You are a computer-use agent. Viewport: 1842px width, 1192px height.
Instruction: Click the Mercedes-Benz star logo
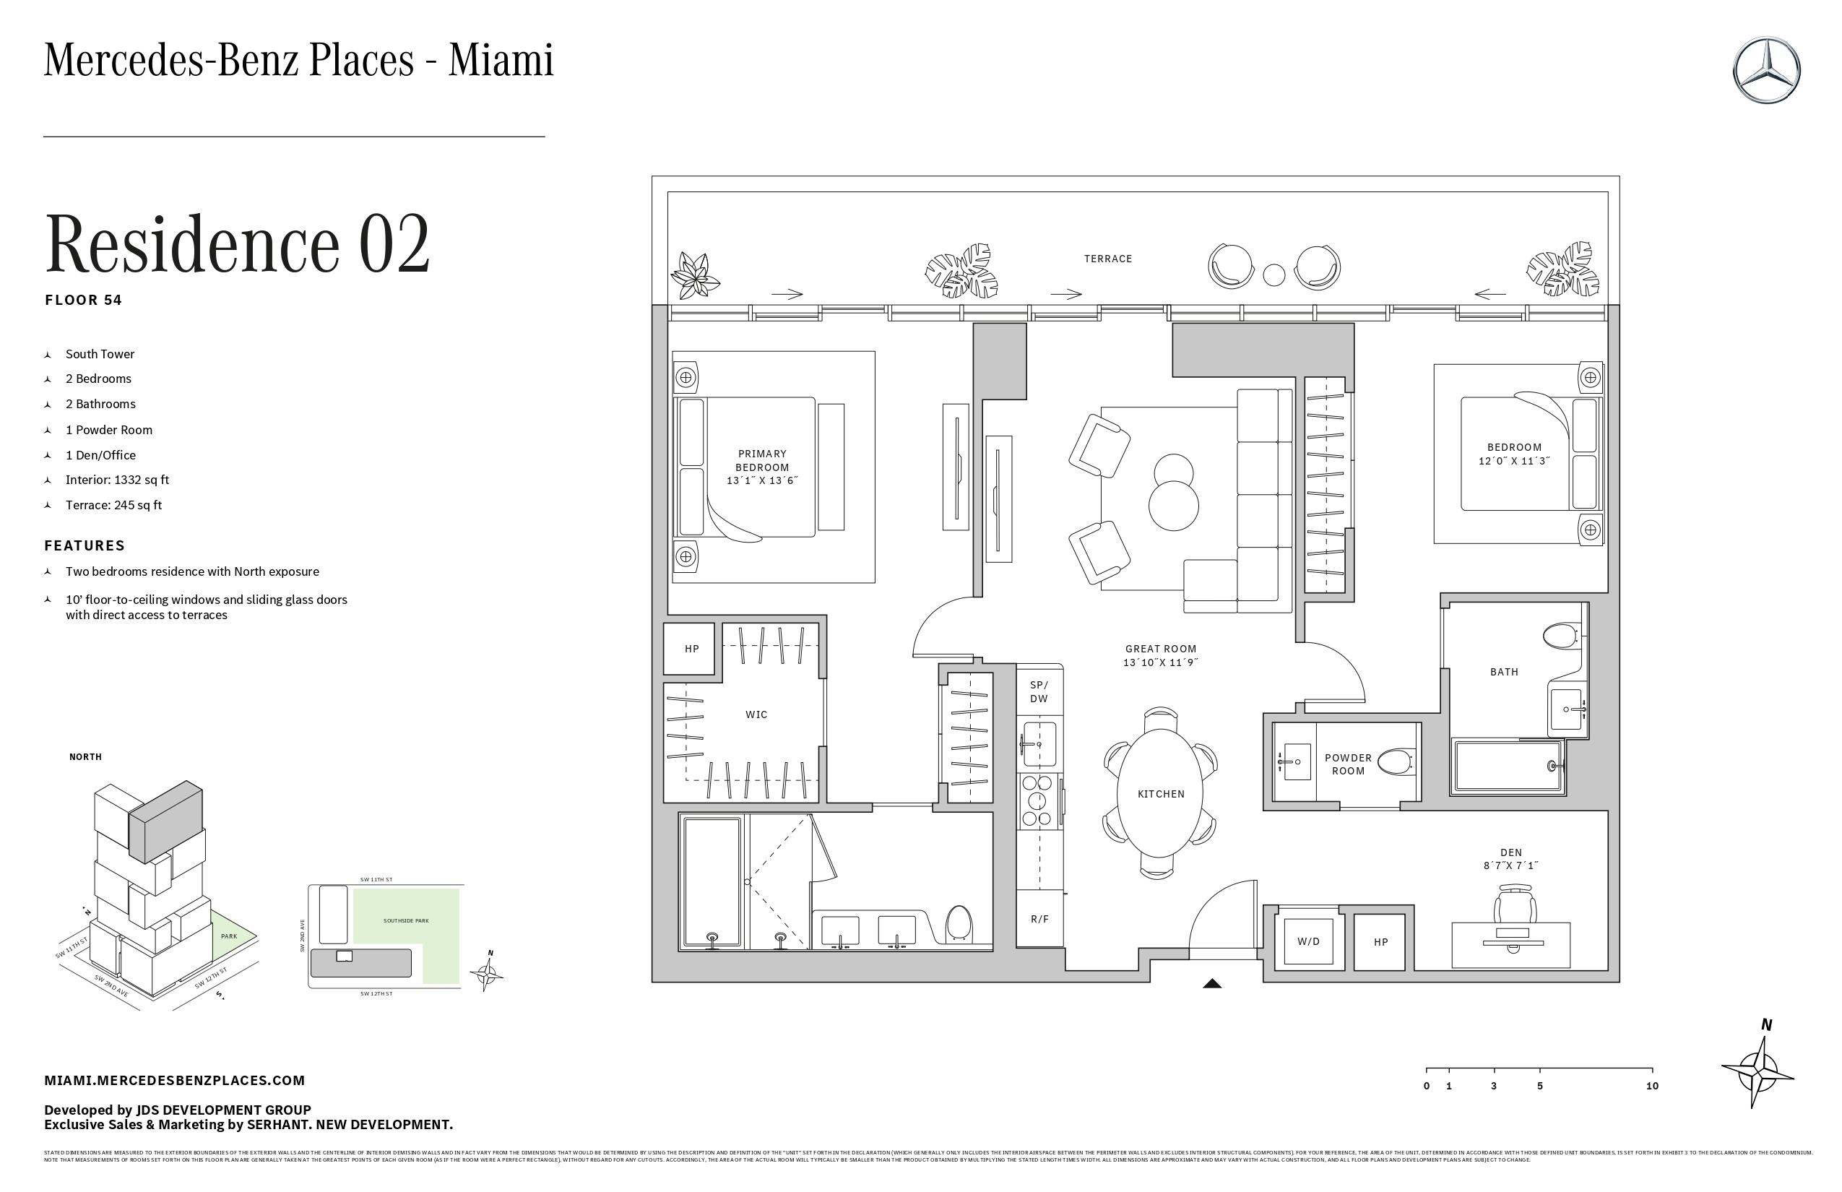click(1766, 71)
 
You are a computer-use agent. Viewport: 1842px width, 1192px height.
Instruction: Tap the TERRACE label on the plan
click(1107, 259)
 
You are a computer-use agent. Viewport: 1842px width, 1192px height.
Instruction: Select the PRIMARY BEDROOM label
click(761, 461)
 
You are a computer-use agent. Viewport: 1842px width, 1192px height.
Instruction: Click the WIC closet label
click(756, 714)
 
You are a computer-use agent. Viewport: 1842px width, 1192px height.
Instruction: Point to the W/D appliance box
click(1308, 942)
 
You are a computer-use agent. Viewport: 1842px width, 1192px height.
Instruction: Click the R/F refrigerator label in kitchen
click(1039, 920)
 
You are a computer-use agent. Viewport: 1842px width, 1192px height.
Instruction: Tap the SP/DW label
click(1039, 692)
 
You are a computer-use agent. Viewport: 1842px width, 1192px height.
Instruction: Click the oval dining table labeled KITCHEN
click(1160, 793)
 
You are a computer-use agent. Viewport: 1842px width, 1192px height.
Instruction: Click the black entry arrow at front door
click(1212, 984)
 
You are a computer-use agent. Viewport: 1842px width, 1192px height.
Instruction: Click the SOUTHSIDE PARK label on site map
click(405, 921)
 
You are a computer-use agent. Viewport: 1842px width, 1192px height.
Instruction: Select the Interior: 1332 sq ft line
click(117, 480)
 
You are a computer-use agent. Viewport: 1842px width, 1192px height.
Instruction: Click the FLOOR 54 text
click(84, 301)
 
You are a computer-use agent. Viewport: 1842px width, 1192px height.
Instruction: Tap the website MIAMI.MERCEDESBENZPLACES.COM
click(175, 1081)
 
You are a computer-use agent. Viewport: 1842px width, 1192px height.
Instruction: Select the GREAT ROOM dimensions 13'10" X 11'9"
click(1160, 662)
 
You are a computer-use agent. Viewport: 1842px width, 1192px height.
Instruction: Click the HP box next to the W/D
click(1380, 942)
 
